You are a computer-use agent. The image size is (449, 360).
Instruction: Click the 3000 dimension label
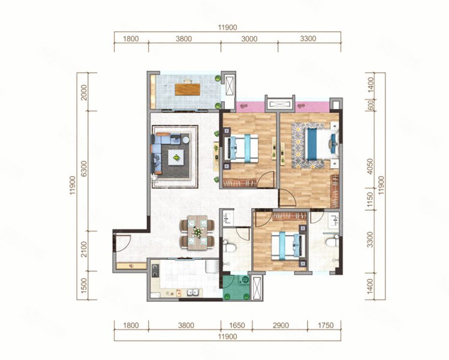249,38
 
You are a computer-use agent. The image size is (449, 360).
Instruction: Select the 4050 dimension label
370,166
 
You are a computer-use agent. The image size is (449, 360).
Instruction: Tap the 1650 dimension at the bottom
237,325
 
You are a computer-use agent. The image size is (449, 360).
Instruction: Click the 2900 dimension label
281,325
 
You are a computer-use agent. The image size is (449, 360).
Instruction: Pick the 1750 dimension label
326,325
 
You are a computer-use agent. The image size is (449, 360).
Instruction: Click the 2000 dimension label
84,92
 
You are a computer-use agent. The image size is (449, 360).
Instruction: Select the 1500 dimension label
84,286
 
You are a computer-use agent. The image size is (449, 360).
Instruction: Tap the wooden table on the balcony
188,89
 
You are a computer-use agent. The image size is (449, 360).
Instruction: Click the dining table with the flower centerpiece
197,232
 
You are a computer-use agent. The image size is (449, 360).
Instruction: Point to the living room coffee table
176,157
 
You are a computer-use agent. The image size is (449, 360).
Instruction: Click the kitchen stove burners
155,271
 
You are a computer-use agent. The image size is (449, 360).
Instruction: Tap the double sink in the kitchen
192,293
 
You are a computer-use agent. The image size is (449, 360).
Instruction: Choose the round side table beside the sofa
186,140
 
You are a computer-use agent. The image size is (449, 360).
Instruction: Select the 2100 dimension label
84,250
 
